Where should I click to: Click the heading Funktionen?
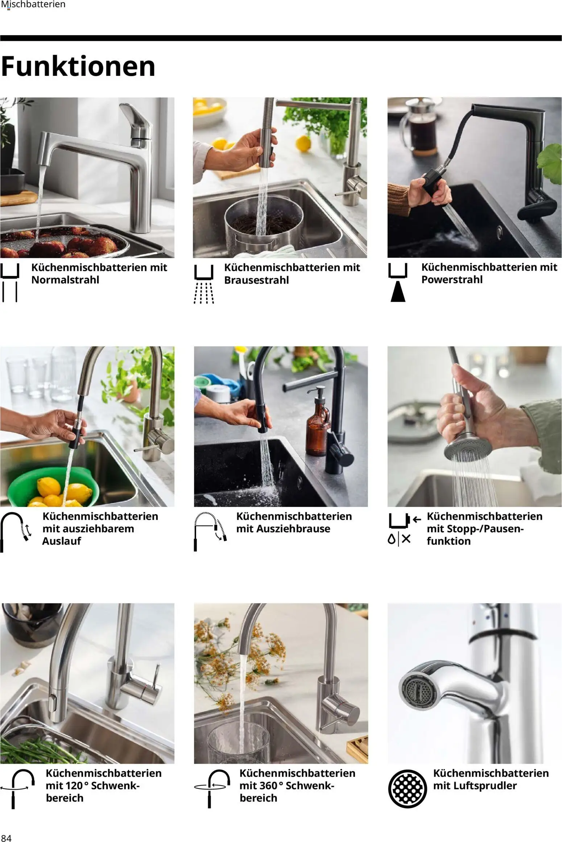tap(78, 67)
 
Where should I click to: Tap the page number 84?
tap(6, 838)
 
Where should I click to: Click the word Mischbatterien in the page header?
tap(33, 4)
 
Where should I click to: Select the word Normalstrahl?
tap(65, 280)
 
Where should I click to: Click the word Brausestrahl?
tap(256, 280)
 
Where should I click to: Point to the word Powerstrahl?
tap(452, 280)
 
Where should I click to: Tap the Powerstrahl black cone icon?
tap(398, 292)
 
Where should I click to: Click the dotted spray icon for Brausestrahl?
tap(204, 292)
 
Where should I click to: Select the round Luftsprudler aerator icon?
tap(407, 789)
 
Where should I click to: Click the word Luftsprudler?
tap(475, 786)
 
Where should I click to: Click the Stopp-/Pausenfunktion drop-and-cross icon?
tap(399, 539)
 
